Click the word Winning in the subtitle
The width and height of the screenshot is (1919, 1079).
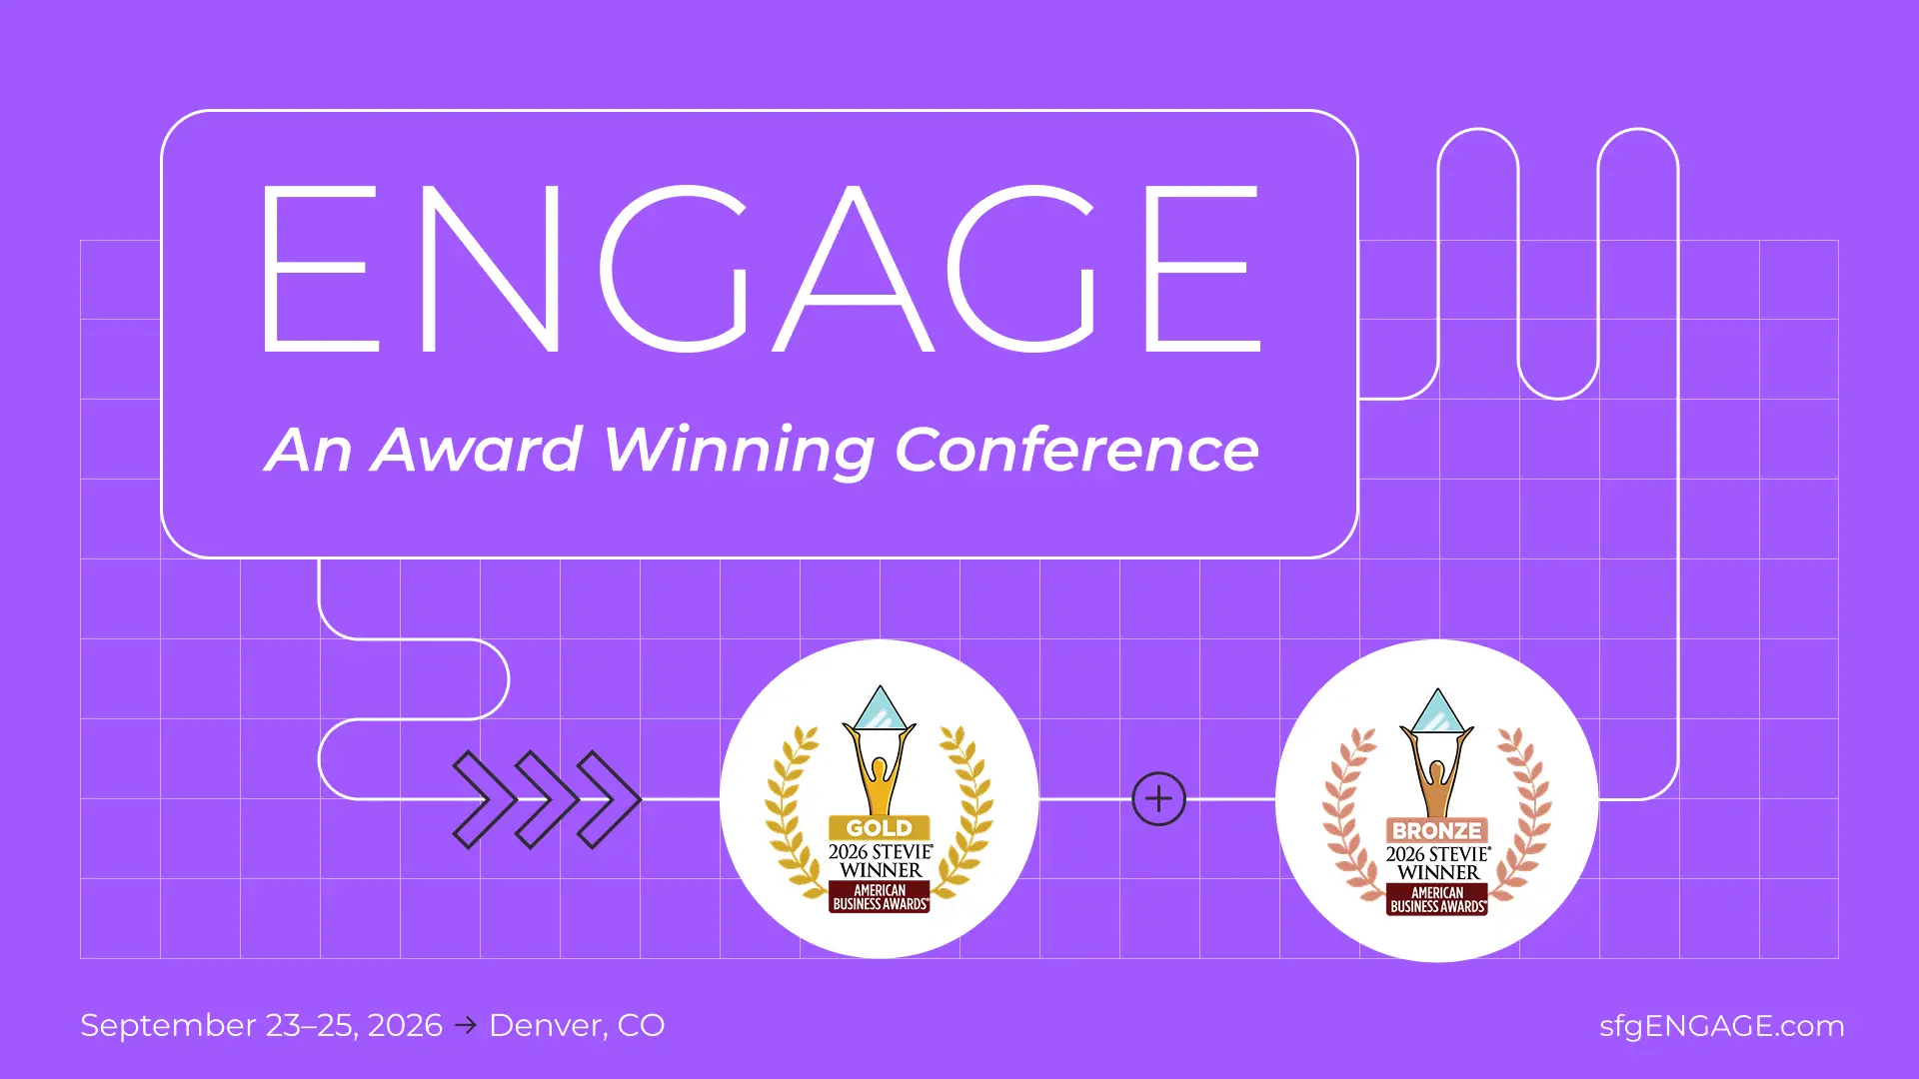(x=740, y=451)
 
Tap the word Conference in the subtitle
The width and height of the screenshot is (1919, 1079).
(x=1076, y=451)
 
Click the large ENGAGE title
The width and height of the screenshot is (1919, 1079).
(x=760, y=270)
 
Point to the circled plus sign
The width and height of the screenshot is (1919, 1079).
(x=1158, y=799)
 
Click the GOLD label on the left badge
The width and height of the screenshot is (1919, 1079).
(x=879, y=828)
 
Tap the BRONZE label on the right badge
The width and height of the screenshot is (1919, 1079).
(x=1436, y=830)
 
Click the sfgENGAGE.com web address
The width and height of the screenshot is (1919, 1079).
(x=1721, y=1026)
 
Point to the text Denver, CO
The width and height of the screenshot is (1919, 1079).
(x=577, y=1026)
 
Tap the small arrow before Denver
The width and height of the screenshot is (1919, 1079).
(x=466, y=1025)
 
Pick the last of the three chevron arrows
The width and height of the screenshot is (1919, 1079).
(x=609, y=799)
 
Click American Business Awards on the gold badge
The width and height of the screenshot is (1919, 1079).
(x=880, y=897)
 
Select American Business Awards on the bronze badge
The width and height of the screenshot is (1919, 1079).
(x=1437, y=900)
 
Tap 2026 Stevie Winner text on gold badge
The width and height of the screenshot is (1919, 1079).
(x=880, y=860)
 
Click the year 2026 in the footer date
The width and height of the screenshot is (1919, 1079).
(x=405, y=1026)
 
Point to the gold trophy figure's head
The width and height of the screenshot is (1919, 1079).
(x=880, y=769)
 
